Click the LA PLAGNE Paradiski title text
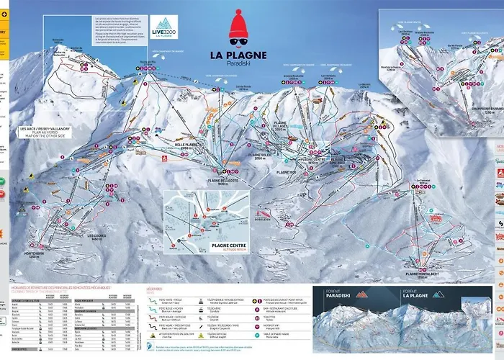(x=248, y=58)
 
